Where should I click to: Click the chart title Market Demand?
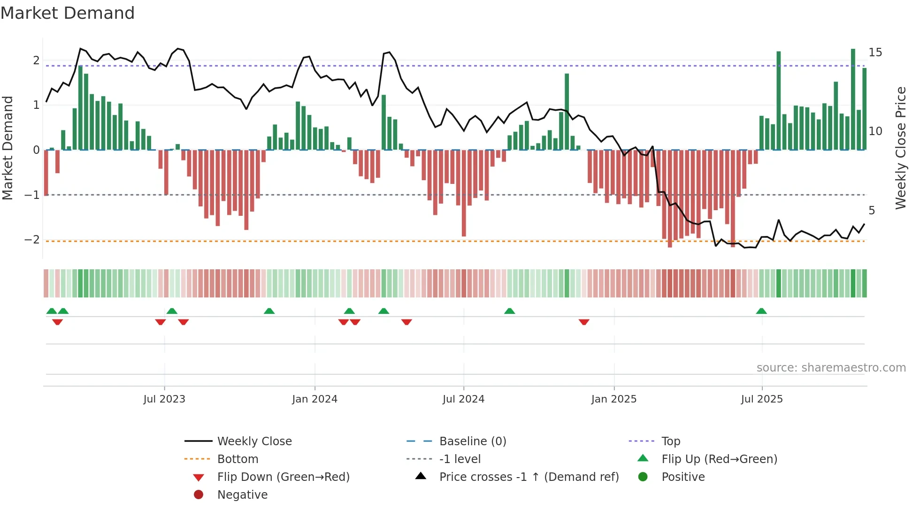(x=68, y=13)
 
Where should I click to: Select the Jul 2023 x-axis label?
(x=164, y=399)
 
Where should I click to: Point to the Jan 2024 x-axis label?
(x=314, y=399)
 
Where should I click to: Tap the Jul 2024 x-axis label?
(x=463, y=399)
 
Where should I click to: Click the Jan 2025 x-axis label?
(x=613, y=399)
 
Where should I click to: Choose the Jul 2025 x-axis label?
(x=762, y=399)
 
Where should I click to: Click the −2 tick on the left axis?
(x=32, y=240)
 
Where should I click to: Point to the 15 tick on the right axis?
(x=875, y=52)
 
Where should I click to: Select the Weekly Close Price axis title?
(x=900, y=148)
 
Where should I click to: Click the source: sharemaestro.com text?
(x=831, y=368)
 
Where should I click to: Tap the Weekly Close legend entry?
(x=254, y=441)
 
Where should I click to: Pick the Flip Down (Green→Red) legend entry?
(x=283, y=477)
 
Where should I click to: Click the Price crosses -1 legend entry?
(x=529, y=477)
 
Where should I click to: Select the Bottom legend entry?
(x=238, y=459)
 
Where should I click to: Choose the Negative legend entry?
(x=242, y=495)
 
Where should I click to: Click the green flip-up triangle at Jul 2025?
(x=761, y=311)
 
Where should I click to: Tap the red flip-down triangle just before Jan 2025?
(x=584, y=322)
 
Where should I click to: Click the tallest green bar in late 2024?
(x=567, y=112)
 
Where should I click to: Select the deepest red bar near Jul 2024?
(x=464, y=193)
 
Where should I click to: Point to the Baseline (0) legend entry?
(x=472, y=441)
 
